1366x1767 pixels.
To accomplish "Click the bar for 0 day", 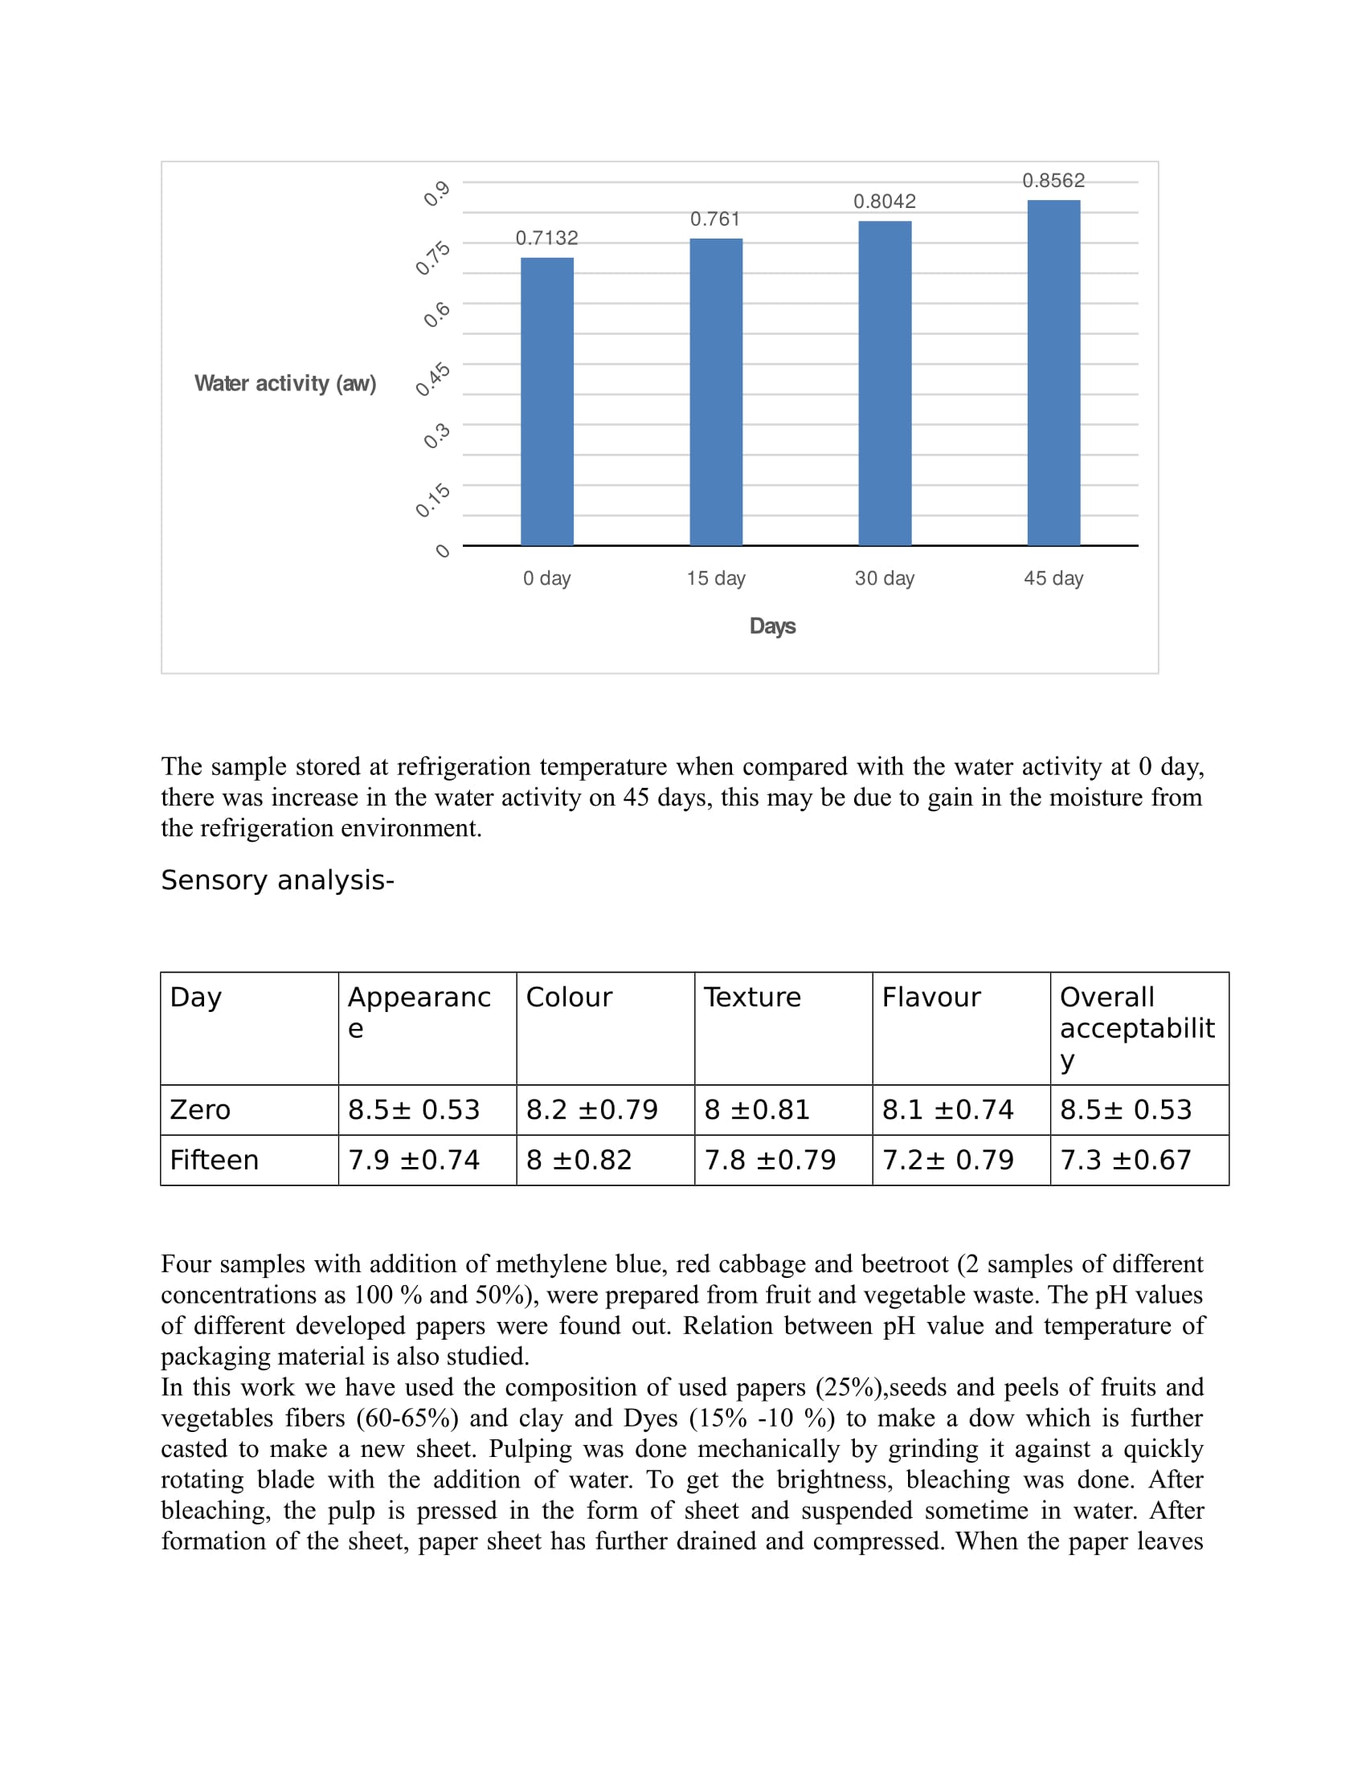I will tap(547, 402).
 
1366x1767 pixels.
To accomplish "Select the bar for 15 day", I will tap(716, 393).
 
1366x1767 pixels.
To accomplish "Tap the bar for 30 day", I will tap(885, 383).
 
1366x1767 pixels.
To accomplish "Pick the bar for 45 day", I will tap(1053, 373).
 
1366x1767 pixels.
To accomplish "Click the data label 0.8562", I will tap(1053, 181).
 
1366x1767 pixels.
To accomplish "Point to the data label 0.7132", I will tap(547, 238).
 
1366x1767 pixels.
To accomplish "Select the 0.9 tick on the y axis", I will tap(437, 194).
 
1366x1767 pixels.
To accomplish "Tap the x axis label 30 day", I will tap(885, 578).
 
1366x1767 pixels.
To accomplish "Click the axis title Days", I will tap(772, 626).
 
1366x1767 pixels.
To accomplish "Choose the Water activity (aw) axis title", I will tap(286, 383).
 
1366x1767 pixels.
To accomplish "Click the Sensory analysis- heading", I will tap(277, 880).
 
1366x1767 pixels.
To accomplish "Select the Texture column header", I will tap(752, 998).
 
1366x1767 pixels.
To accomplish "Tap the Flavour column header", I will tap(931, 998).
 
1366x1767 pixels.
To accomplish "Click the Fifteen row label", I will tap(215, 1161).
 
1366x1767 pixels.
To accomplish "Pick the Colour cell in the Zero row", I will tap(592, 1110).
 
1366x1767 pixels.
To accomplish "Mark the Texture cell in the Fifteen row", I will tap(770, 1161).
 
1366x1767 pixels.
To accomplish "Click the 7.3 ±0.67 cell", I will tap(1126, 1161).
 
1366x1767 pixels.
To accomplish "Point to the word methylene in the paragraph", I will tap(541, 1263).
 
